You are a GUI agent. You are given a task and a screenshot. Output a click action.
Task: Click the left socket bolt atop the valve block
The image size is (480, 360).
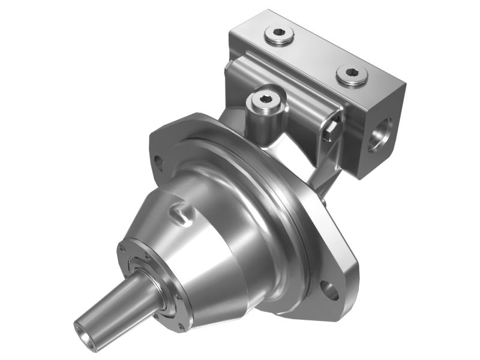click(279, 37)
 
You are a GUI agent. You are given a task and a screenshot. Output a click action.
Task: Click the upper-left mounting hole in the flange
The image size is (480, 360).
click(158, 162)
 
